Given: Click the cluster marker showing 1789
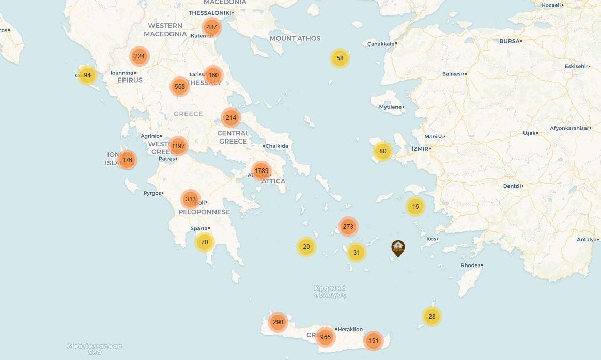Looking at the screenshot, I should pos(261,170).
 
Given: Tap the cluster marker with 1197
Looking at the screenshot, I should pos(178,146).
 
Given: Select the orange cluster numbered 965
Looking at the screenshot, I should pos(326,337).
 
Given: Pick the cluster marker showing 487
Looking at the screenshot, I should pos(211,27).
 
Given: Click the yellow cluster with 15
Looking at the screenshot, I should pos(415,207).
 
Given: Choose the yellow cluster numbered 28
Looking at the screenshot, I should pos(432,317).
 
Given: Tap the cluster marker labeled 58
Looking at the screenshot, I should pos(340,58).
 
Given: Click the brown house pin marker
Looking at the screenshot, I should pos(398,248).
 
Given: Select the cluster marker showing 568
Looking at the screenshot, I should pos(180,87).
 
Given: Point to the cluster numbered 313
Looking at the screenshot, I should pos(191,199).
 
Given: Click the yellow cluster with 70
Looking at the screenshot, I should pos(205,242).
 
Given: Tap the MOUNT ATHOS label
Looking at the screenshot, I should pos(295,38).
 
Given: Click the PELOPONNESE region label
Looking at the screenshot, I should pos(204,212).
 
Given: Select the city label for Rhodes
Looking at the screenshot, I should pos(470,265).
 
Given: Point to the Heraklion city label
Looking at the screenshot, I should pos(350,330).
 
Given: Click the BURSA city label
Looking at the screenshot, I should pos(510,41).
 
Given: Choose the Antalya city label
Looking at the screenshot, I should pos(587,239).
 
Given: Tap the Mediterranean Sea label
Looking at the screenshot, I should pos(95,349).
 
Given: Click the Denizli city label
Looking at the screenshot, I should pos(512,186).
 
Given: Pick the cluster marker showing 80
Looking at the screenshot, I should pos(382,151).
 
